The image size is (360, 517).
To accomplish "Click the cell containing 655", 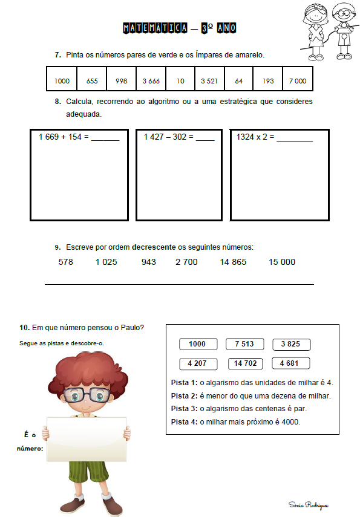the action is (x=92, y=79).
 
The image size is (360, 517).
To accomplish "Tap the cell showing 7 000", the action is (x=298, y=79).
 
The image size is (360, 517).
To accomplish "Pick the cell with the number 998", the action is (x=121, y=79).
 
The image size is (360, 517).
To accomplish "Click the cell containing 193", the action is (x=268, y=79).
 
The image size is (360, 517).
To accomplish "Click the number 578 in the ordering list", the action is (x=66, y=262).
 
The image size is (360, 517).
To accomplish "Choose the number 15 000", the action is (x=282, y=262).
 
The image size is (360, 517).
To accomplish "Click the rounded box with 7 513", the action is (x=244, y=344).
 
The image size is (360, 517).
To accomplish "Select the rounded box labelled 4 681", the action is (x=291, y=363).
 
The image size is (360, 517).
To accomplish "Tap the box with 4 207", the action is (x=198, y=363).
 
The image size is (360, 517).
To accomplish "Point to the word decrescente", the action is (x=154, y=247).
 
